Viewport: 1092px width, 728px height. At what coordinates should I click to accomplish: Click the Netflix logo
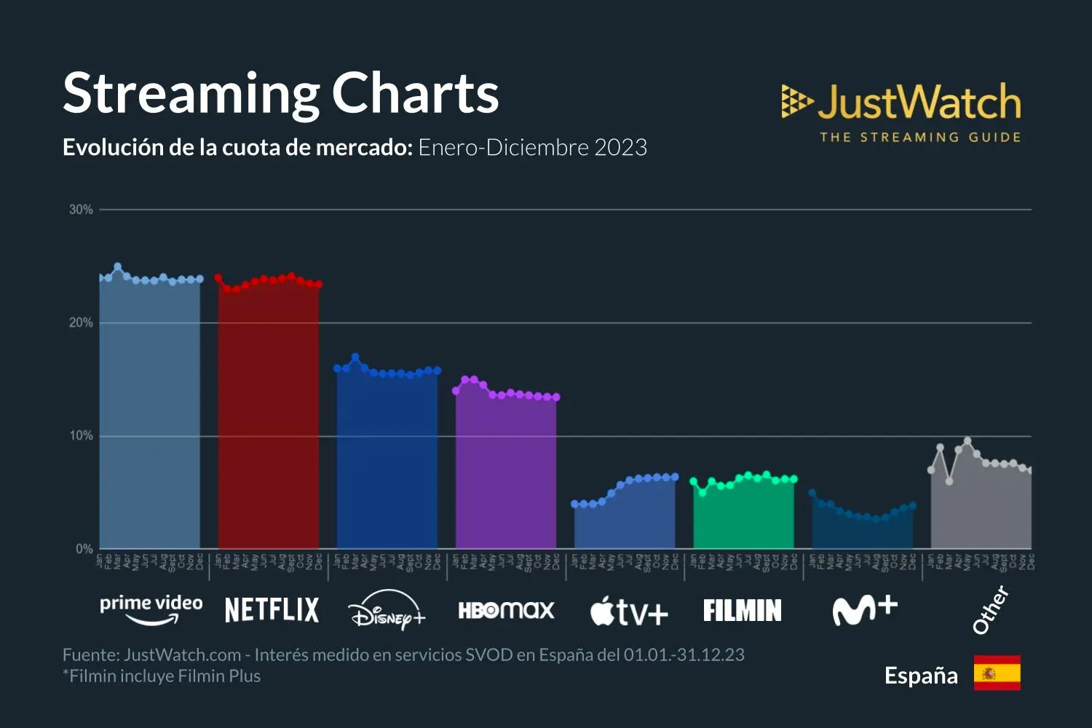click(272, 610)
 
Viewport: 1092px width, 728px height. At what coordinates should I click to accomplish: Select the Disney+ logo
click(387, 610)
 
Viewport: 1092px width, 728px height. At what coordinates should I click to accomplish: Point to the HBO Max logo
click(506, 610)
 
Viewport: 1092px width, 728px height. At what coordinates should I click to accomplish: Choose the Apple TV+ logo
click(628, 612)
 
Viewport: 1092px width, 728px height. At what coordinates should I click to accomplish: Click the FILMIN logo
click(742, 610)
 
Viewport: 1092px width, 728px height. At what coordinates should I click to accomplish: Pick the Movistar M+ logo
click(864, 610)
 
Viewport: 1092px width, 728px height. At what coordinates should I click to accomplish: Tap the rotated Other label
click(991, 609)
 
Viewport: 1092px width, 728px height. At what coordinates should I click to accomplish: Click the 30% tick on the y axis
click(81, 210)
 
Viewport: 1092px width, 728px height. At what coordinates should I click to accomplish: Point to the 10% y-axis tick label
click(81, 435)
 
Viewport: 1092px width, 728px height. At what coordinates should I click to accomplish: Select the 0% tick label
click(84, 549)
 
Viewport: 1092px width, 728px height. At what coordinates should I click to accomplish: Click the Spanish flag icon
click(997, 673)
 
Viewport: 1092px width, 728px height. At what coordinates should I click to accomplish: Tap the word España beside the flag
click(921, 676)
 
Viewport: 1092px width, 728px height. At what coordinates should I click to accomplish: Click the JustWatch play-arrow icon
click(796, 101)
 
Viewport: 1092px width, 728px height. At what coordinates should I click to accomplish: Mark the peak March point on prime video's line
click(118, 267)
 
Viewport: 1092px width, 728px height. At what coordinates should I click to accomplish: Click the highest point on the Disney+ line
click(355, 357)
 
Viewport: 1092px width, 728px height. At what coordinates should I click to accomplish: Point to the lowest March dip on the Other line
click(949, 481)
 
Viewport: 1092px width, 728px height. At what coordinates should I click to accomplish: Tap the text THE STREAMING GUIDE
click(920, 137)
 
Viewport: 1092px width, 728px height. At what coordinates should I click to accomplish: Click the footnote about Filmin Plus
click(162, 676)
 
